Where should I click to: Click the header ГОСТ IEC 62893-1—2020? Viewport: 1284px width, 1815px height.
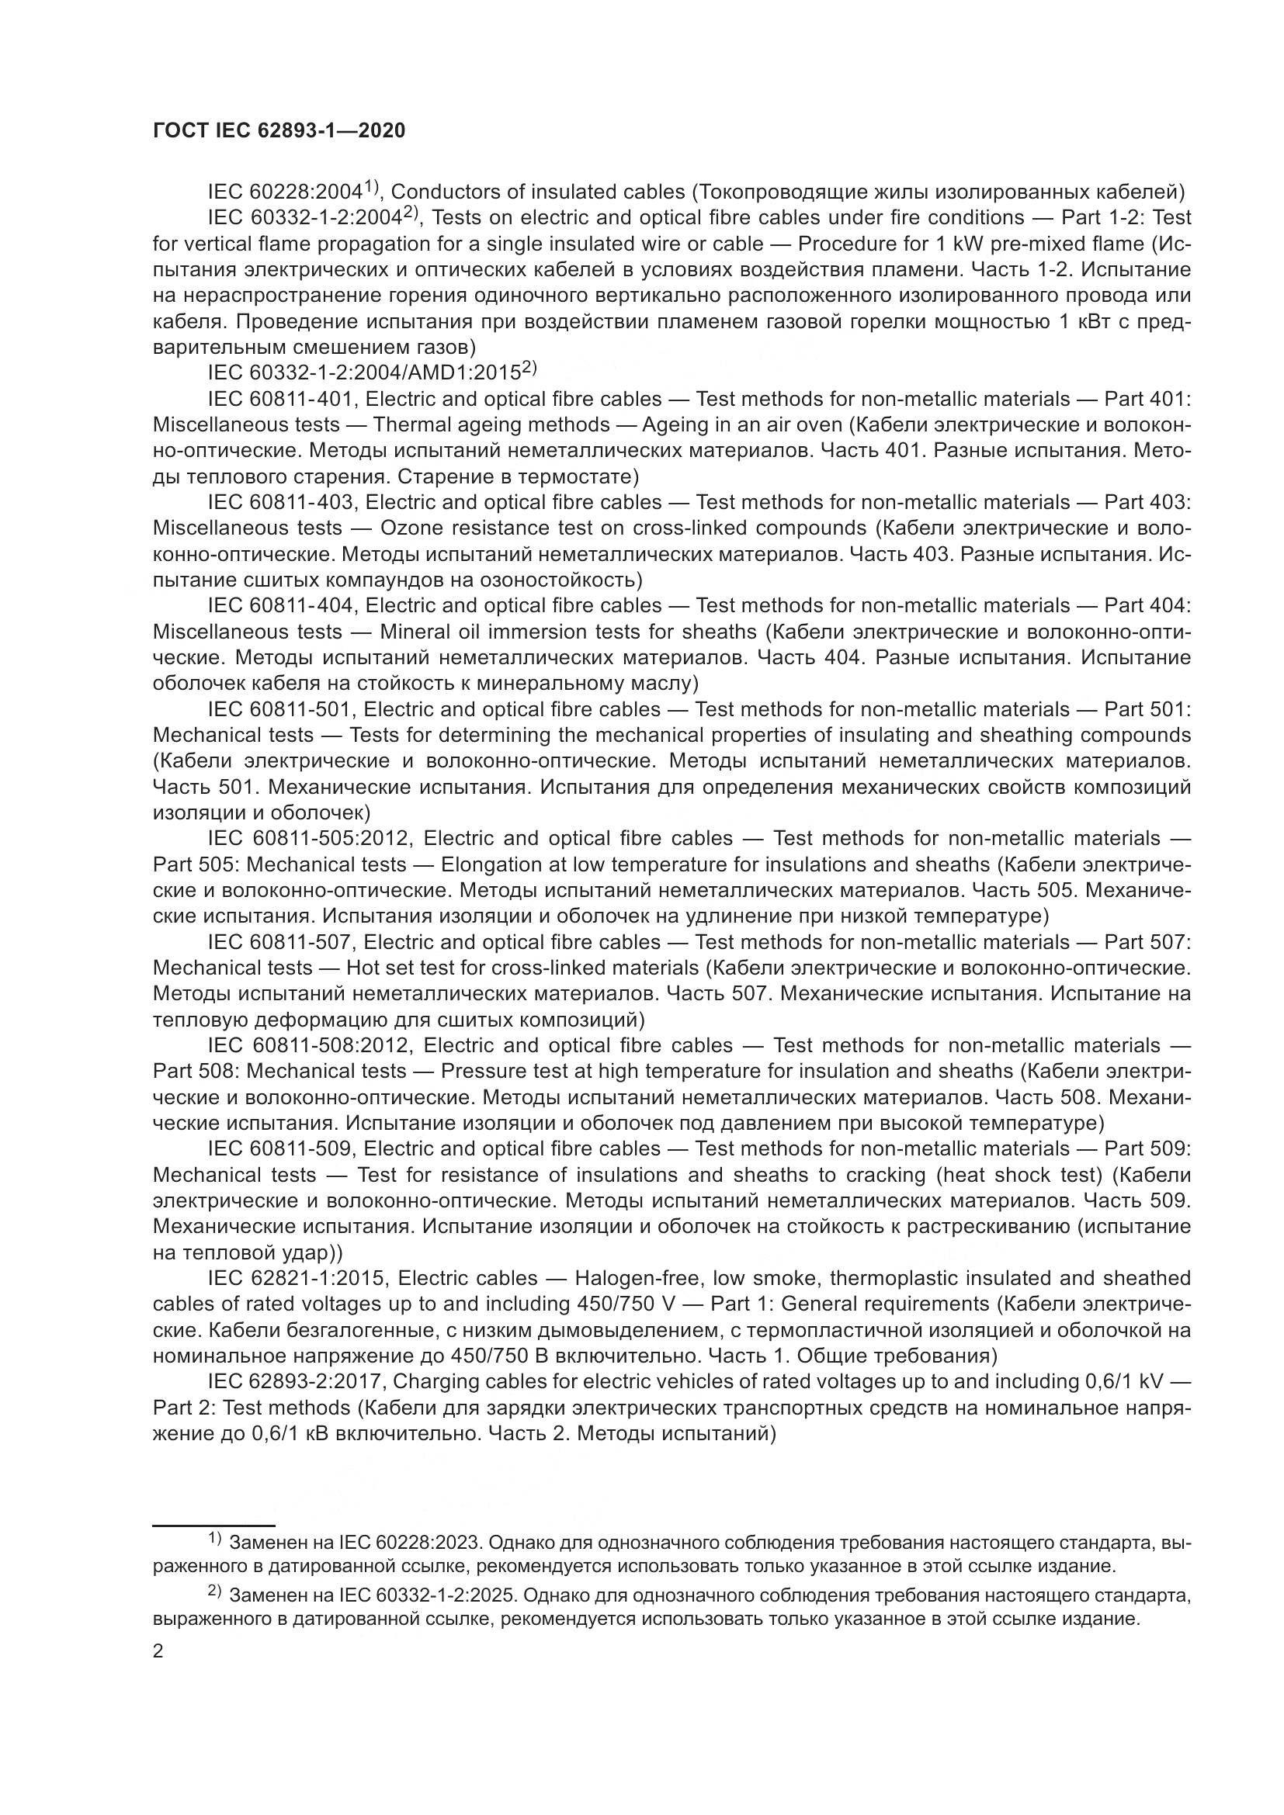(279, 131)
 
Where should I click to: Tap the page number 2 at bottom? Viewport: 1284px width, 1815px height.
(158, 1651)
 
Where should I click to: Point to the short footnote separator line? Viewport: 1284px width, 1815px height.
(213, 1525)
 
